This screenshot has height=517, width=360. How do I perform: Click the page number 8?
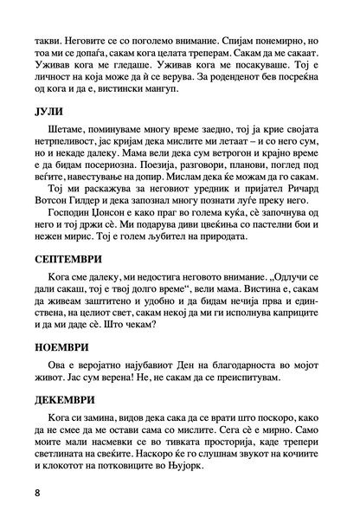coord(39,492)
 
